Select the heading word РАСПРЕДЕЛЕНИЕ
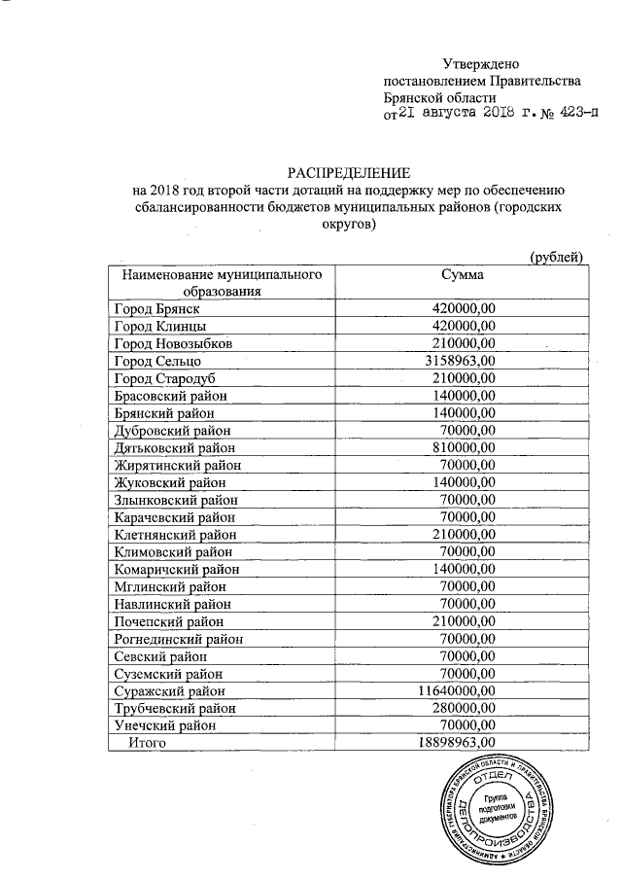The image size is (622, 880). pos(356,171)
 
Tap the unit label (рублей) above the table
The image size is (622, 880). pos(555,257)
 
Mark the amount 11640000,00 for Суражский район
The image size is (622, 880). pos(451,690)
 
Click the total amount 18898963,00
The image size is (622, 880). pos(451,743)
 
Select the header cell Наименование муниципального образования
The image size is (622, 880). pos(221,283)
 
